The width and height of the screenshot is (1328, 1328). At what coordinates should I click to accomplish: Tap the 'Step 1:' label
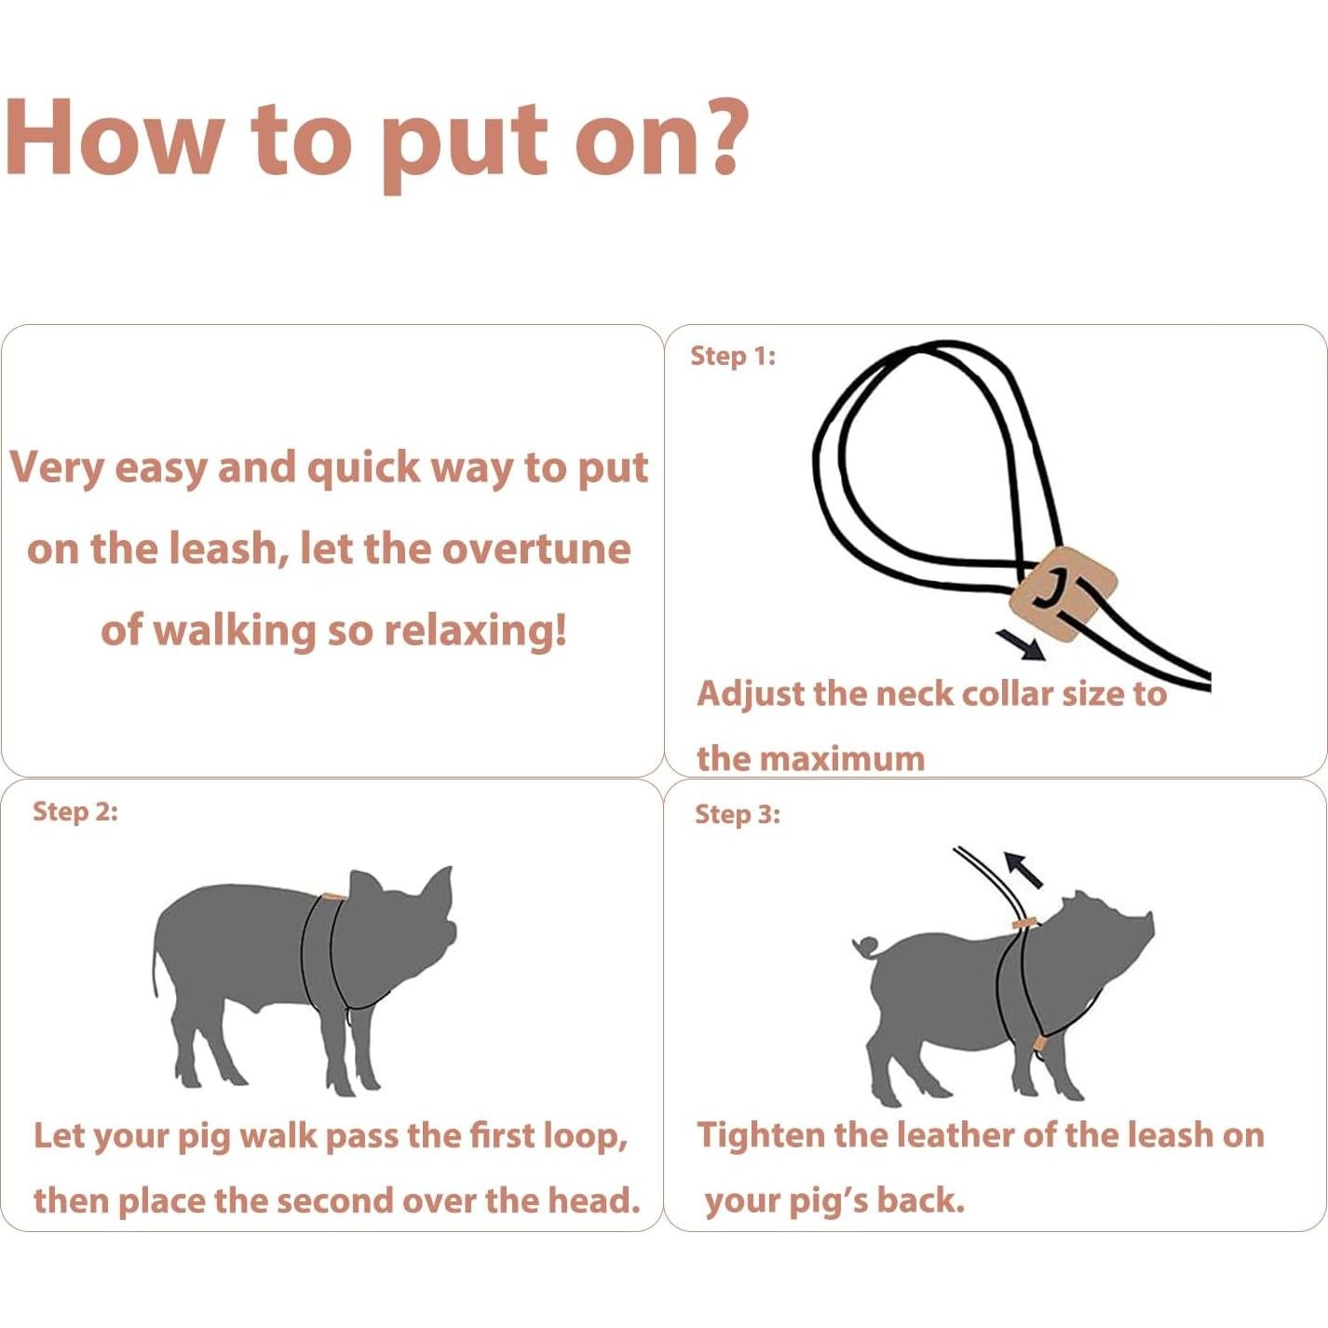point(733,357)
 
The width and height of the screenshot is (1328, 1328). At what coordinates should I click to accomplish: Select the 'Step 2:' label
point(75,811)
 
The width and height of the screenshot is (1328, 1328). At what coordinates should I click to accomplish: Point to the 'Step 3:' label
point(738,814)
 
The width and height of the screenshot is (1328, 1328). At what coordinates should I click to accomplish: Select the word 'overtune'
point(536,549)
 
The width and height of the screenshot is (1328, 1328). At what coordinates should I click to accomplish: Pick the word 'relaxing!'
point(476,630)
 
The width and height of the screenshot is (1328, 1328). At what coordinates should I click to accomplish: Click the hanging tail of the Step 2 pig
point(156,967)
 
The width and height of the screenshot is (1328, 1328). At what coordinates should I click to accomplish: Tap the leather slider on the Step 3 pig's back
point(1023,922)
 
